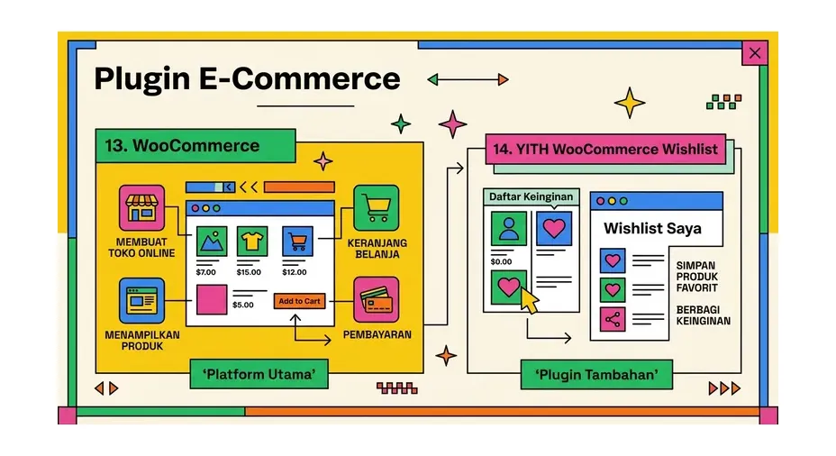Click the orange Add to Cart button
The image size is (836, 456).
[x=299, y=301]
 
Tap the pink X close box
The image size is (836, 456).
[x=754, y=53]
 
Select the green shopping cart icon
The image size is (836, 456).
[x=377, y=207]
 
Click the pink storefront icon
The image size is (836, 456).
[x=141, y=207]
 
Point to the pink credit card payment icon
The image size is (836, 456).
[x=377, y=300]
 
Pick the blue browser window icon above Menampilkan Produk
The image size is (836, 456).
[x=141, y=300]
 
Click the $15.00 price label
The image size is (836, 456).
[x=249, y=272]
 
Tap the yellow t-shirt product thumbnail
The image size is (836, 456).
[x=252, y=242]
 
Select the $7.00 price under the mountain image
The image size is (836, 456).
[x=205, y=272]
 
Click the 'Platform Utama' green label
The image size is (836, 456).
[x=259, y=374]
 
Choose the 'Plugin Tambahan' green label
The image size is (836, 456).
[x=596, y=374]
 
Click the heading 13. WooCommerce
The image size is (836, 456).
[x=182, y=146]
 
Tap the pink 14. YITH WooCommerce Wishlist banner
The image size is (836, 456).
[x=605, y=149]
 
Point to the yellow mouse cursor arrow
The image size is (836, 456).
[x=529, y=300]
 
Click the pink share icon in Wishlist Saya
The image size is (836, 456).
[x=613, y=319]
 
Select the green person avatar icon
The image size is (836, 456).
[x=509, y=228]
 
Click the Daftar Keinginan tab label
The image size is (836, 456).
[x=531, y=196]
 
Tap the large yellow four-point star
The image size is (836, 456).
[x=630, y=103]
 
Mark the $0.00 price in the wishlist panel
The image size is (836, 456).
[x=501, y=261]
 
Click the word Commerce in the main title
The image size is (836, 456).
[x=315, y=78]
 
